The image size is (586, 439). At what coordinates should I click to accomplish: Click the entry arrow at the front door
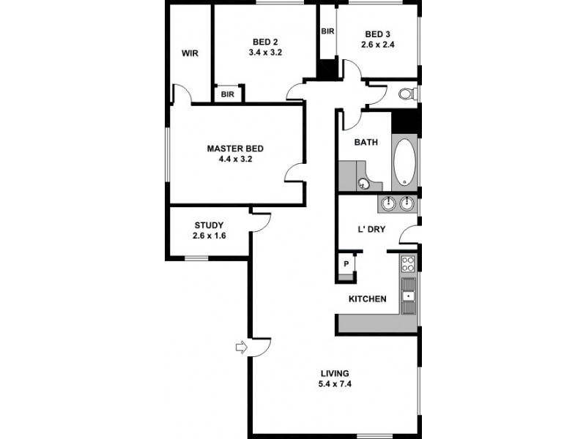pos(240,348)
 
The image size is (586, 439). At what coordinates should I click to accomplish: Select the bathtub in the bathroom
pos(404,161)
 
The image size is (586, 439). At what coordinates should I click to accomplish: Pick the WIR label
pos(191,53)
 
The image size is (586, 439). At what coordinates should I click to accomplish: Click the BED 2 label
pos(266,42)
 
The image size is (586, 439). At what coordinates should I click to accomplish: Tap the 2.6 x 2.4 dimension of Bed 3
pos(378,45)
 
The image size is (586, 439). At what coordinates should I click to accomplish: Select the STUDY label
pos(209,225)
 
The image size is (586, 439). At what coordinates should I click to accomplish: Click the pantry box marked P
pos(346,264)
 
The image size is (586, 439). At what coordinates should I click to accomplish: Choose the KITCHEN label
pos(367,299)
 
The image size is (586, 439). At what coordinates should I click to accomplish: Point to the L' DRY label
pos(371,229)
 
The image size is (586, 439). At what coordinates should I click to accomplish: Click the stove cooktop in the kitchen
pos(407,264)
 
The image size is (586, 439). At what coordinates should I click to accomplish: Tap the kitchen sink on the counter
pos(408,296)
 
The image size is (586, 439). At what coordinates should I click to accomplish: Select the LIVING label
pos(334,372)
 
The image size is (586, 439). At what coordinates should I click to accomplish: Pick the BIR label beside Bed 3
pos(327,31)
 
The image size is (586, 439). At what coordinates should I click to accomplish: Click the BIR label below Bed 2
pos(228,94)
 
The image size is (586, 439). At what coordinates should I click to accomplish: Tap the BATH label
pos(366,142)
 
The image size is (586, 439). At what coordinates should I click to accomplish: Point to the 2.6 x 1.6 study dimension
pos(209,236)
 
